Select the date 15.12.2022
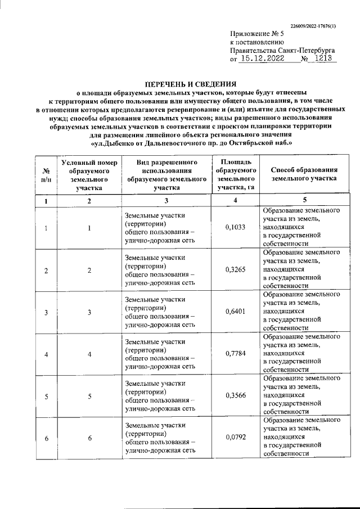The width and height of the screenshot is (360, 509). click(259, 58)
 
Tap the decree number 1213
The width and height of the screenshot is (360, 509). click(323, 58)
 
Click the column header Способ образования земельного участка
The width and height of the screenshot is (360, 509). click(304, 174)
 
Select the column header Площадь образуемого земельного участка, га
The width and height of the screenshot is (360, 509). click(236, 174)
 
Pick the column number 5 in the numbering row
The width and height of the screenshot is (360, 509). click(304, 200)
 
